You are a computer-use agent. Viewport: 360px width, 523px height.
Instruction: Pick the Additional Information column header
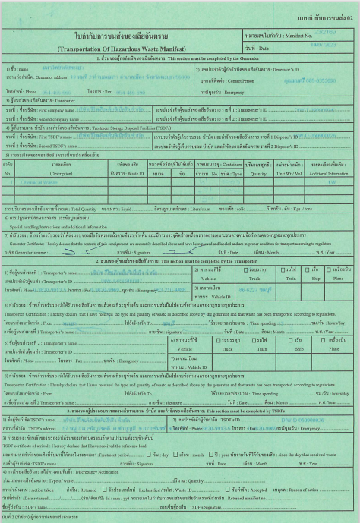[333, 172]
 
